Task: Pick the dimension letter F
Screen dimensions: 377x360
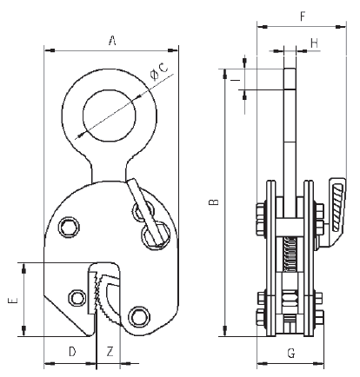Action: click(301, 16)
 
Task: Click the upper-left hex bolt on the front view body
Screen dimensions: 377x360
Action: click(68, 228)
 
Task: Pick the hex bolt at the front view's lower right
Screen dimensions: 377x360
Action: click(137, 315)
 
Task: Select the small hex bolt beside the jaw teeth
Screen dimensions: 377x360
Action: click(79, 298)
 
